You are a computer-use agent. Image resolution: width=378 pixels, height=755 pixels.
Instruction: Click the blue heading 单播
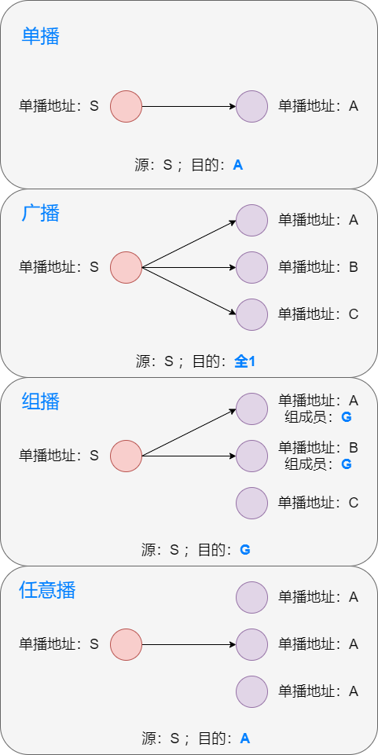click(40, 36)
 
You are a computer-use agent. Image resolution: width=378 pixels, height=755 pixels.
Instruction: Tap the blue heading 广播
click(40, 213)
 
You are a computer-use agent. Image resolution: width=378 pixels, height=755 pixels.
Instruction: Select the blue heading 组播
click(40, 401)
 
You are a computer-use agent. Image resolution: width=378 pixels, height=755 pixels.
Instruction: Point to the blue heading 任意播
click(47, 590)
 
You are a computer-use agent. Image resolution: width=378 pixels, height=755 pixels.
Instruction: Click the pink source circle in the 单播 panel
click(126, 106)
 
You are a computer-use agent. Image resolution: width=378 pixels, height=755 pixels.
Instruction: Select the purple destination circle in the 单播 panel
click(252, 106)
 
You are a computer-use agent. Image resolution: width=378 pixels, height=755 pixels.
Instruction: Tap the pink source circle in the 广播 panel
click(126, 267)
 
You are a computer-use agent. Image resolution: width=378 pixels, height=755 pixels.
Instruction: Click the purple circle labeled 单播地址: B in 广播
click(252, 267)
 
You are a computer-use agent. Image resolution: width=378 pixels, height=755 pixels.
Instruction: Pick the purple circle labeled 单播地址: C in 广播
click(252, 314)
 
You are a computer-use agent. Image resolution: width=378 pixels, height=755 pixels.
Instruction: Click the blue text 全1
click(245, 361)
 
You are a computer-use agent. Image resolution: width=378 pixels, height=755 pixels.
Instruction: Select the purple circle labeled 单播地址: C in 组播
click(252, 503)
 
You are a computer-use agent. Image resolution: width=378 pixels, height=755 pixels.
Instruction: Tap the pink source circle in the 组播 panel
click(126, 456)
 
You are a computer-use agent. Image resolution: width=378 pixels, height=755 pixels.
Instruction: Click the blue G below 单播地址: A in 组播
click(347, 417)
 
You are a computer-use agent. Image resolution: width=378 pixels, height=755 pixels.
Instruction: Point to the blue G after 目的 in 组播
click(244, 550)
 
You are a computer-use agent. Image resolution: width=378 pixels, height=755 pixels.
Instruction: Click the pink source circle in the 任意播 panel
click(126, 644)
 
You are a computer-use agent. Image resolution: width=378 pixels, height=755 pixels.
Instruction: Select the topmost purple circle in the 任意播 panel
click(252, 597)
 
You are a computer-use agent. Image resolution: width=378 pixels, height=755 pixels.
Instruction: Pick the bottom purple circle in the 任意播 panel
click(252, 691)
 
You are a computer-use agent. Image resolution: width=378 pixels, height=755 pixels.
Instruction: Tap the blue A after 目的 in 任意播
click(244, 739)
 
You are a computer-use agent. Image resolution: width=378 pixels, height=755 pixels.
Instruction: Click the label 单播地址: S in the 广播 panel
click(59, 267)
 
